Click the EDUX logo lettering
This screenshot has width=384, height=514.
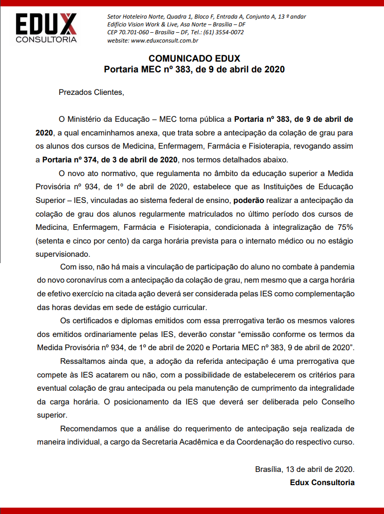(x=46, y=24)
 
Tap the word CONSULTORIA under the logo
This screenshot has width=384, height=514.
(x=46, y=40)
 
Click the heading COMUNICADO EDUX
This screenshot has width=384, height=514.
(x=194, y=59)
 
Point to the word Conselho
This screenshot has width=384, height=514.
(x=337, y=402)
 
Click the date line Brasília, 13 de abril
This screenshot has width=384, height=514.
(x=304, y=469)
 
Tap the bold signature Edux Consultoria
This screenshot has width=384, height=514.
(x=322, y=482)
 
